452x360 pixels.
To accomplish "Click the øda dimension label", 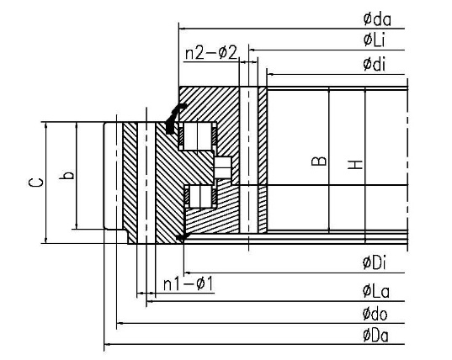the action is pos(377,19).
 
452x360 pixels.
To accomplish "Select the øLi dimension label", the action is pos(375,40).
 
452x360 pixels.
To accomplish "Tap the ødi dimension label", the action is pos(375,64).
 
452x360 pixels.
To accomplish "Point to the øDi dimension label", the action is pos(375,262).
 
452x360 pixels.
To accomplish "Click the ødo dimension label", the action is pos(375,314).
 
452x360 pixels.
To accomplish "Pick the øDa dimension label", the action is pos(375,336).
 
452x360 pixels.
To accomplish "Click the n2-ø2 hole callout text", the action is pos(211,53).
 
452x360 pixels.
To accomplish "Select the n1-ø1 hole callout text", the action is pos(189,284).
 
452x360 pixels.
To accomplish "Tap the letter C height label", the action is pos(36,183).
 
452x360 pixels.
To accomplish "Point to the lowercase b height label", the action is pos(66,175).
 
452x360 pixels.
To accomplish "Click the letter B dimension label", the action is pos(319,161).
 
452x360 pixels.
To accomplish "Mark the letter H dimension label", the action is pos(355,164).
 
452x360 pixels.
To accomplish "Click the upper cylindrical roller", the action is pos(198,135).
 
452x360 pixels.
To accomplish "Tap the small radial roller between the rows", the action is pos(223,167).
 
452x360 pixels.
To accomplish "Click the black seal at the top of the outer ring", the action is pos(174,118).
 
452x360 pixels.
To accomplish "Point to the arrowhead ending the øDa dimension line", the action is pos(107,344).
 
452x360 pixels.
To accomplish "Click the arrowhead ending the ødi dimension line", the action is pos(270,75).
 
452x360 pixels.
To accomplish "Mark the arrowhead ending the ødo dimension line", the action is pos(120,323).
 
